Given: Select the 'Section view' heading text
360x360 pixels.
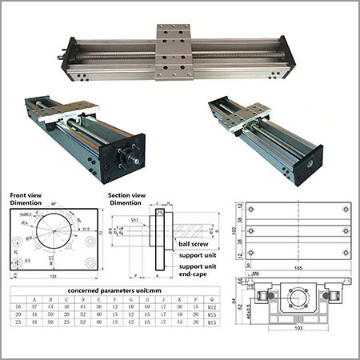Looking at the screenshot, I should click(126, 194).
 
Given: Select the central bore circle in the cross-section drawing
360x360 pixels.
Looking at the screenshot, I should click(298, 298).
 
